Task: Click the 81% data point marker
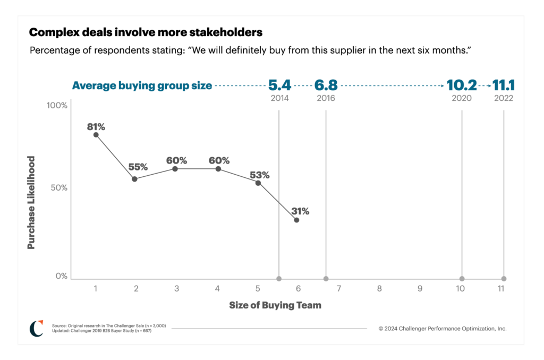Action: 96,135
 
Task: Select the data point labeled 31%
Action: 296,220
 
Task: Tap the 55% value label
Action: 138,167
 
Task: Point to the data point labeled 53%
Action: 258,183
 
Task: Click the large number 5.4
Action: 279,85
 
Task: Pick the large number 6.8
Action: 326,85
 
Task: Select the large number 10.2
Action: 462,85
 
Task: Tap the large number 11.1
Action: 504,85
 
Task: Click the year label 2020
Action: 462,98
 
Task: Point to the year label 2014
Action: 279,98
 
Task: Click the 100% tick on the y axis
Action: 57,105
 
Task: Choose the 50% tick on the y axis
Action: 59,188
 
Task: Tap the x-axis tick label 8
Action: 379,289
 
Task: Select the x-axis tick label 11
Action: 500,289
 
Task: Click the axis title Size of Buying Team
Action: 275,305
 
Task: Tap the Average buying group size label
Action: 142,85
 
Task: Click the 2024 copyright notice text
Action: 443,329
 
